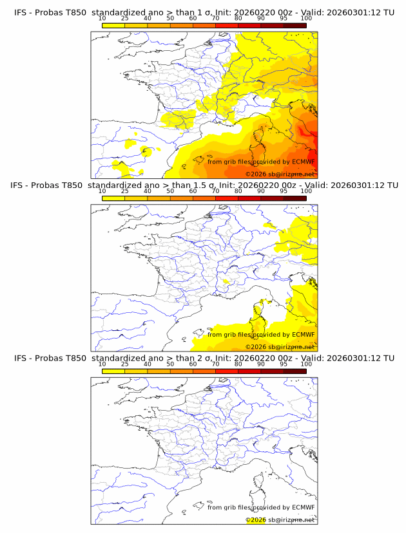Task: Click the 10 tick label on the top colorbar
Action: tap(102, 19)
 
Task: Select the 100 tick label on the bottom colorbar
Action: tap(306, 364)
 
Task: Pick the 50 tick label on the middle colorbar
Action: tap(170, 191)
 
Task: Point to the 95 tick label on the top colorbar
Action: tap(284, 19)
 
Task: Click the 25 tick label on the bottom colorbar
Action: tap(125, 364)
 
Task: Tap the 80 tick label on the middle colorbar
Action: tap(238, 191)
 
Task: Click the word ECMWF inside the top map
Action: tap(303, 162)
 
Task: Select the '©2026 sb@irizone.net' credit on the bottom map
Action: tap(280, 519)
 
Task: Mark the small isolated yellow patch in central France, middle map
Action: tap(226, 281)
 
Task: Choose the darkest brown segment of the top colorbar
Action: tap(295, 25)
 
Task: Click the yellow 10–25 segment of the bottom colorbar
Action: tap(113, 370)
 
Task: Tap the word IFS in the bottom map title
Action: tap(21, 358)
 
